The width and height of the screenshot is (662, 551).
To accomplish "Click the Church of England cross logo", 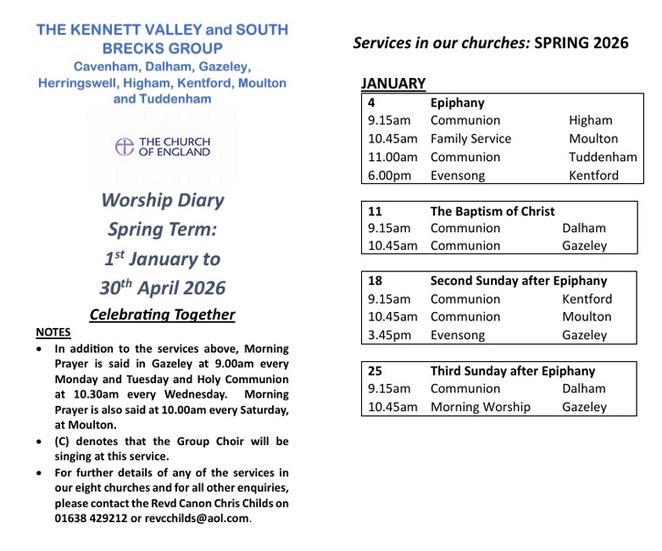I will click(x=125, y=147).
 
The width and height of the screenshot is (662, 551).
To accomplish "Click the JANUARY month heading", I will click(x=393, y=83).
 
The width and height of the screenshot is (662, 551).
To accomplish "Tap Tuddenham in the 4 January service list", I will click(x=603, y=157).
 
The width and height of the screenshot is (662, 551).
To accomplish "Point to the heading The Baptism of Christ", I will click(x=492, y=211).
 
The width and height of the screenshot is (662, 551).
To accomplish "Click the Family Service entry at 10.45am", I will click(x=470, y=138).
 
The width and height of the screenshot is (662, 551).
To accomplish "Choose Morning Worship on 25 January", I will click(x=480, y=407).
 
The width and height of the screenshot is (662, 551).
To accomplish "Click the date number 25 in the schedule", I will click(x=376, y=370).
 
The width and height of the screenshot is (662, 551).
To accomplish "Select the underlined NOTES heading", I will click(x=53, y=331).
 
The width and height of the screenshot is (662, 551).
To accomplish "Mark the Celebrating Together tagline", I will click(x=162, y=314).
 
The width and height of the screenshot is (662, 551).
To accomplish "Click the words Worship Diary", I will click(x=163, y=201).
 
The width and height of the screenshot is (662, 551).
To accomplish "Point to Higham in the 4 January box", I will click(x=590, y=120).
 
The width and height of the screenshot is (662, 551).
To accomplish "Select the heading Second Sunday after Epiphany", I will click(x=519, y=281).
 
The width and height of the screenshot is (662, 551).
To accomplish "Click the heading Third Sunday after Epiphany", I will click(x=513, y=370).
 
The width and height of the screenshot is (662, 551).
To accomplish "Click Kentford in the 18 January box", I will click(x=587, y=299).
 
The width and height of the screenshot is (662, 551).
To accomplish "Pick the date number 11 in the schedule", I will click(x=375, y=211).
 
